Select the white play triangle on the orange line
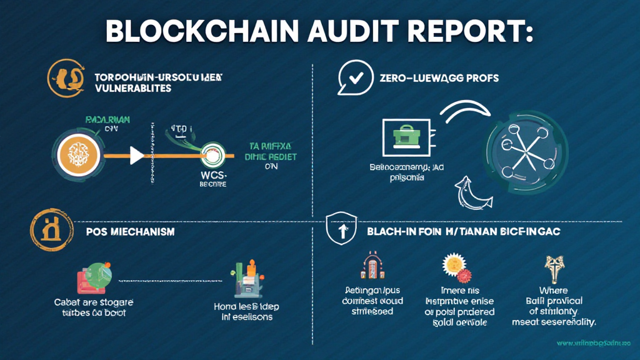(136, 155)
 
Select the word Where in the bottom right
(553, 290)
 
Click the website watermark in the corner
(594, 343)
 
